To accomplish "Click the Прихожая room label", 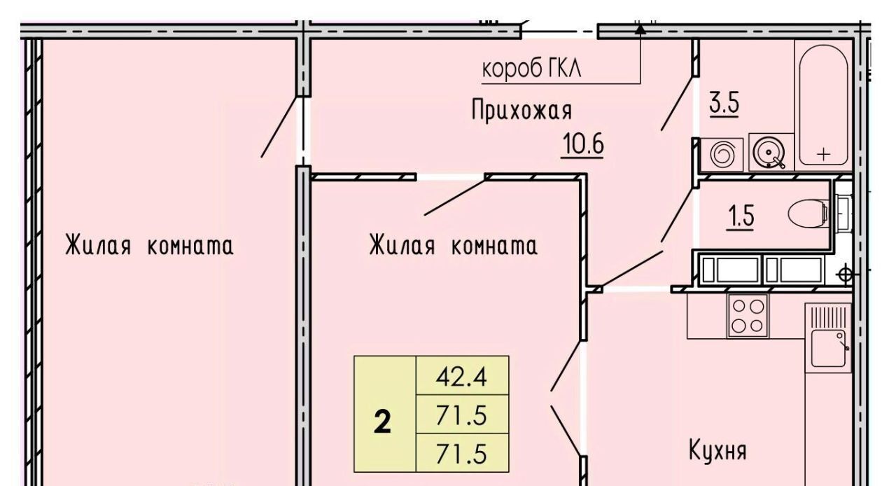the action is pos(522,111).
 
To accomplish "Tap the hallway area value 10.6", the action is pos(583,144).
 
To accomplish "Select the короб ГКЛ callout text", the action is pos(531,69).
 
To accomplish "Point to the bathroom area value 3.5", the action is pos(724,103).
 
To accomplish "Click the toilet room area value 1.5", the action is pos(741,216).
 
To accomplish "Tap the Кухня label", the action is pos(717,451).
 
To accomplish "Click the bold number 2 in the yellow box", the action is pos(382,423).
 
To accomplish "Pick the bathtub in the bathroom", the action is pos(823,105).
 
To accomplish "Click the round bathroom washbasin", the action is pos(769,153).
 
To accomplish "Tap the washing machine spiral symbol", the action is pos(722,154).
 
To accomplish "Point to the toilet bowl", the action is pos(808,214).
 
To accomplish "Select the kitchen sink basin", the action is pos(828,348).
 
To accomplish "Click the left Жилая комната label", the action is pos(149,245).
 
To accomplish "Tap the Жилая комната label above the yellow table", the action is pos(453,245).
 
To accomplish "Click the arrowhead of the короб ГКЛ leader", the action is pos(640,29).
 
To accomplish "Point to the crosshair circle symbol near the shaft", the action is pos(845,275).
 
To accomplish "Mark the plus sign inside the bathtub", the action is pos(824,154).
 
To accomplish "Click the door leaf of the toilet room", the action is pos(677,215).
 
